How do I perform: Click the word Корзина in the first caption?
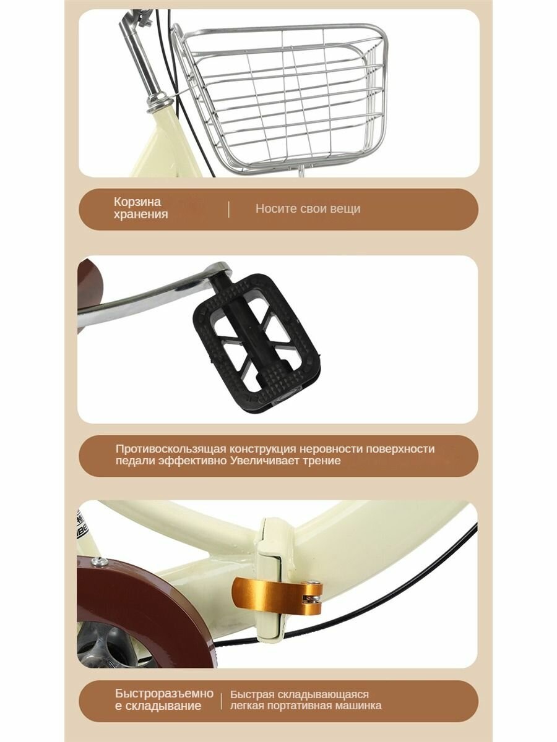pos(137,202)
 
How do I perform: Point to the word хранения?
pos(140,215)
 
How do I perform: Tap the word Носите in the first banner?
pos(275,208)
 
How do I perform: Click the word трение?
pos(320,461)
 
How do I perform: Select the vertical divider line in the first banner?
pos(228,209)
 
